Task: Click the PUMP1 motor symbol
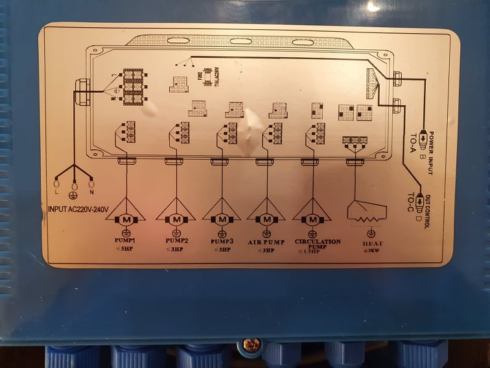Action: tap(126, 219)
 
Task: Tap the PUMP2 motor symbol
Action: tap(175, 219)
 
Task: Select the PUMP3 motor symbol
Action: tap(221, 219)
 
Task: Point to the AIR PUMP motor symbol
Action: tap(266, 219)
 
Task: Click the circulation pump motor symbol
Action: tap(313, 219)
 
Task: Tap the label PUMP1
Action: tap(127, 241)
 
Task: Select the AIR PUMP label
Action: tap(266, 241)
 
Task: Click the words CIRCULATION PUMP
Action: tap(318, 244)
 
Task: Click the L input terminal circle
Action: tap(56, 183)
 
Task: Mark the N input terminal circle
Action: tap(91, 183)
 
